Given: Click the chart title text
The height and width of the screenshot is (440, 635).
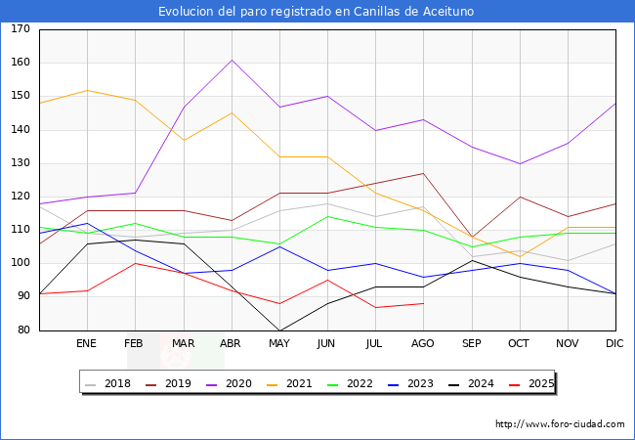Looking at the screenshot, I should [x=317, y=12].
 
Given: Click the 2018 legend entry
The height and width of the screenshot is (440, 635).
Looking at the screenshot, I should [x=110, y=383].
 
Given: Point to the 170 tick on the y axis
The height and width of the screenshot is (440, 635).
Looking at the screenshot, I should [x=20, y=29].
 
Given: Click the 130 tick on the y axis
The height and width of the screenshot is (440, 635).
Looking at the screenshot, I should [x=20, y=163].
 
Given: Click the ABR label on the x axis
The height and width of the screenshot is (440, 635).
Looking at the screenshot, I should [x=231, y=344].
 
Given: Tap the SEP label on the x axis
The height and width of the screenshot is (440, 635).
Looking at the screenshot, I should [x=471, y=344].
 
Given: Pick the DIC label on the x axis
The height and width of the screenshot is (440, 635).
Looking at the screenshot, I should [x=614, y=344].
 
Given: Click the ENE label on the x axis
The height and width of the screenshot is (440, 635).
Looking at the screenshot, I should [x=87, y=344].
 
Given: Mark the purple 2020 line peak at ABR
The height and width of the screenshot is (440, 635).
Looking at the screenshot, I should [x=231, y=60].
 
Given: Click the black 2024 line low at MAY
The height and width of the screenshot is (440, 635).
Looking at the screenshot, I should [x=278, y=330].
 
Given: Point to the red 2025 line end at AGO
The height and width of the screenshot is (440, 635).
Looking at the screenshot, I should [x=423, y=303].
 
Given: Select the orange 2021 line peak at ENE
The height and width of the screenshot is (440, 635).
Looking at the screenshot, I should [x=87, y=90].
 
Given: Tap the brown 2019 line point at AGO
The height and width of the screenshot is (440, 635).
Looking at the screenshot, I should [x=423, y=173].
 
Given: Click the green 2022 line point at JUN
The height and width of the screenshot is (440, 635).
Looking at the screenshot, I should [x=326, y=216].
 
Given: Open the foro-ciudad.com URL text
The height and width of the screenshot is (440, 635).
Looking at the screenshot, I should [x=560, y=424].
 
